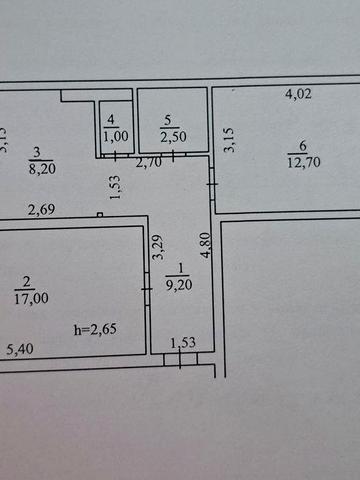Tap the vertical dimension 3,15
(x=229, y=139)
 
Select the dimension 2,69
(x=42, y=210)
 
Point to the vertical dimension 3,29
(x=157, y=247)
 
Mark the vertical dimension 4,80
(x=206, y=246)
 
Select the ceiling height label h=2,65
(x=96, y=328)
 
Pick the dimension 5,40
(x=21, y=349)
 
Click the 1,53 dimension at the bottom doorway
(x=183, y=344)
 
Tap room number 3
(x=37, y=153)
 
